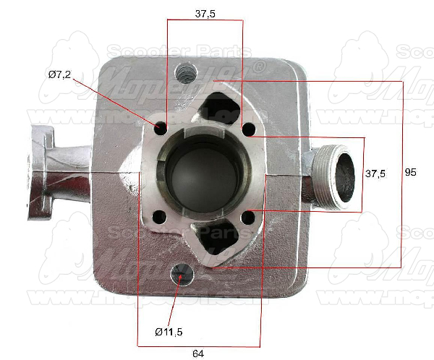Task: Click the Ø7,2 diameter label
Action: click(60, 74)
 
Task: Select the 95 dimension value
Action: click(411, 173)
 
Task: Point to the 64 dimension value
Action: click(197, 353)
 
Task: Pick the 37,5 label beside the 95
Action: click(375, 173)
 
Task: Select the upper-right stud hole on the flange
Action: click(249, 129)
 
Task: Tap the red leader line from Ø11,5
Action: click(174, 304)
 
